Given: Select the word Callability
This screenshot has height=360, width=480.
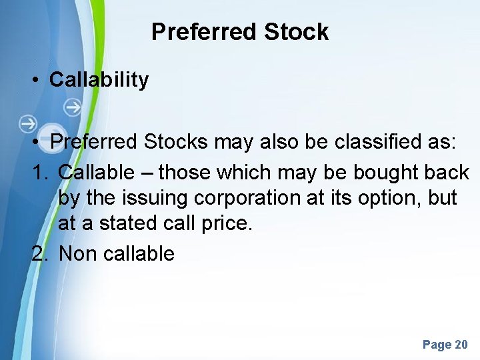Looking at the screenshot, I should point(99,80).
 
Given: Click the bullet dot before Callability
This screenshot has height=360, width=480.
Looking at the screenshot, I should point(35,80).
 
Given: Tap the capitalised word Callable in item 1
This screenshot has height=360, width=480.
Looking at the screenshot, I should point(96,173).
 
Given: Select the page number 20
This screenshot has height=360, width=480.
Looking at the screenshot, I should point(461,345).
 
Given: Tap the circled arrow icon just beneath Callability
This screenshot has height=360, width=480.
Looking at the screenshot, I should point(73,106).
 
